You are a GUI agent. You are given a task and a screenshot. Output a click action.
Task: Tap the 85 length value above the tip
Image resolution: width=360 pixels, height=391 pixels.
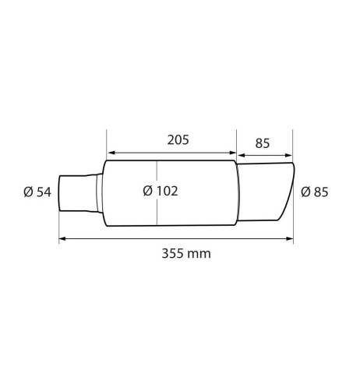coord(262,143)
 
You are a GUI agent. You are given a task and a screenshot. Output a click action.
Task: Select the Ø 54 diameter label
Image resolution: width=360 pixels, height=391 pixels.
coord(37,192)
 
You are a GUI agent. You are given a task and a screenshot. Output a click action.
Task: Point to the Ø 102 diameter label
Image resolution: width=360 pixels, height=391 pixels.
coord(161,192)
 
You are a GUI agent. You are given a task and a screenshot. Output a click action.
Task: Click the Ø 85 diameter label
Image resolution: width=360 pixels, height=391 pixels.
coord(316,192)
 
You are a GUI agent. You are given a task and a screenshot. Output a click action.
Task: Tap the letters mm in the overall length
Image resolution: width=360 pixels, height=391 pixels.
coord(202,253)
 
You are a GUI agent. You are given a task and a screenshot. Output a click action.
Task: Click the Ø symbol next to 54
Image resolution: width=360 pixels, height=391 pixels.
coord(28,192)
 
